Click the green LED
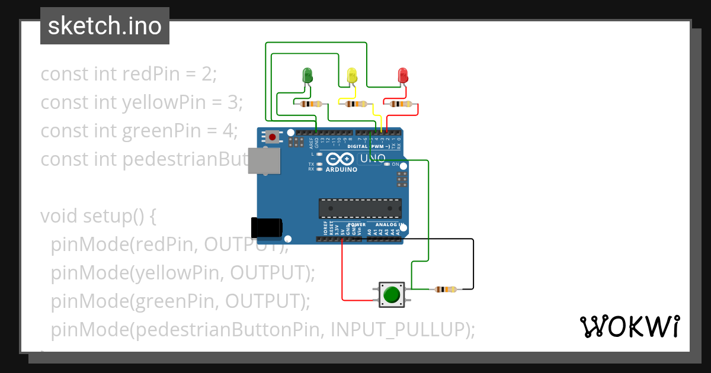308,75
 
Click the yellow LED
352,75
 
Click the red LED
403,75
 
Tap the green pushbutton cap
392,294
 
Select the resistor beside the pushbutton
446,290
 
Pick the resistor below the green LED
311,104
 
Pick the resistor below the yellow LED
355,104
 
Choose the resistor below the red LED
401,104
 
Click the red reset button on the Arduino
272,137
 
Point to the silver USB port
264,160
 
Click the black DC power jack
266,228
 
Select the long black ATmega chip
360,208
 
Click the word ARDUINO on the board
342,169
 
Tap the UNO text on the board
373,158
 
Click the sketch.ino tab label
105,26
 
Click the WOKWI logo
629,326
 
